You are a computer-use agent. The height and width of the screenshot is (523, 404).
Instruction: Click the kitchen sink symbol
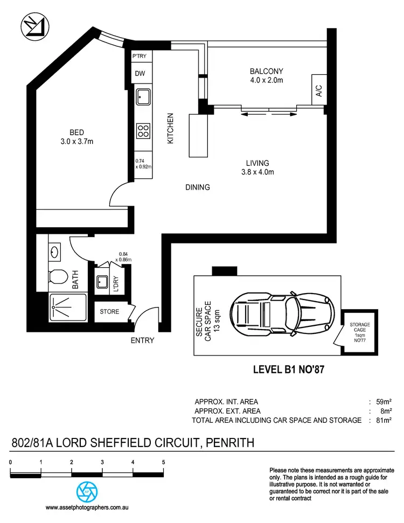(143, 97)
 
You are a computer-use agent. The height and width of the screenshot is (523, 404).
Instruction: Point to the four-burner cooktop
(143, 130)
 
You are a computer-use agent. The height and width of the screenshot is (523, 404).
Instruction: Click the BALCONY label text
(266, 71)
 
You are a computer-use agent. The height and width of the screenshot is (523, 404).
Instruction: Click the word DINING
(197, 188)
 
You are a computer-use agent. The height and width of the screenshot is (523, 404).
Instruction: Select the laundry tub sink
(103, 282)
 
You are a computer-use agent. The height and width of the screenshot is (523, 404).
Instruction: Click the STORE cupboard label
(110, 312)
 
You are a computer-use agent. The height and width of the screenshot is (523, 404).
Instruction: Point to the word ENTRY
(142, 340)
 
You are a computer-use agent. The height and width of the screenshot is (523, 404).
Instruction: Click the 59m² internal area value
(383, 401)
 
